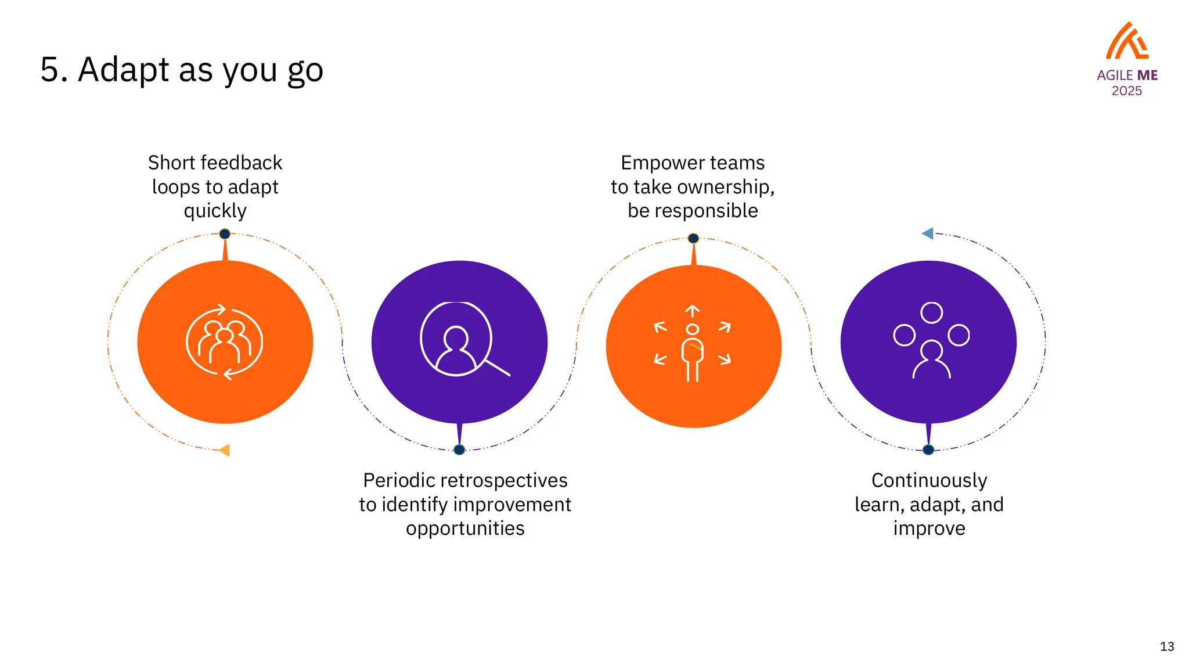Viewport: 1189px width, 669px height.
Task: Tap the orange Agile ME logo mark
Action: [1126, 41]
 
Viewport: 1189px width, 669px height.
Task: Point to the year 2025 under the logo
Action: [1126, 91]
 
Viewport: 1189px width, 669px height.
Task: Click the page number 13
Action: [1167, 646]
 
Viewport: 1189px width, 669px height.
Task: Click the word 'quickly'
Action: [215, 211]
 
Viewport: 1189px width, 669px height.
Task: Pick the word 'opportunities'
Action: [465, 528]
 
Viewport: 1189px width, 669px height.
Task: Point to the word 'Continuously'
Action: [929, 481]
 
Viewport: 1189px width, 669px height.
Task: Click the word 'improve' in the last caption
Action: [929, 528]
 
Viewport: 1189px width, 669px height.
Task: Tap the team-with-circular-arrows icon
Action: [225, 342]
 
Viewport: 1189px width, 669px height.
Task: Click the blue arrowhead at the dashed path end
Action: [928, 233]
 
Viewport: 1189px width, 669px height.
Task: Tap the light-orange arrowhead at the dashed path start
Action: [224, 450]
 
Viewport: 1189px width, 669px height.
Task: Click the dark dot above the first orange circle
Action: [225, 234]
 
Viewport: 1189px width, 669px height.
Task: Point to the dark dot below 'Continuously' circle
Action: [928, 449]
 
